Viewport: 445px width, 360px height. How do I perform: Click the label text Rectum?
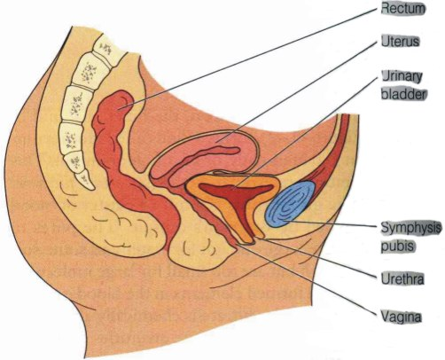point(403,9)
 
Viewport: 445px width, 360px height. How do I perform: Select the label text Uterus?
point(400,42)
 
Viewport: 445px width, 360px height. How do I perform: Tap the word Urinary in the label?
point(402,77)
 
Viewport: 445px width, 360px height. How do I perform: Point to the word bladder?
point(404,95)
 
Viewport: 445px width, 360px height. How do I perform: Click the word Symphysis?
point(411,228)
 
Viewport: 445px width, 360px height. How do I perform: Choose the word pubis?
point(398,246)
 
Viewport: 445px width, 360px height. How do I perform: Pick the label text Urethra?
point(402,278)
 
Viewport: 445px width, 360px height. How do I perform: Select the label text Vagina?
point(401,317)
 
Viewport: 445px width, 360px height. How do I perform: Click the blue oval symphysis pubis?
point(291,204)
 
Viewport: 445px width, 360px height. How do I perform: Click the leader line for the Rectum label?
point(248,59)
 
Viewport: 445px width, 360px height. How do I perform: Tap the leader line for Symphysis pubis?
point(331,224)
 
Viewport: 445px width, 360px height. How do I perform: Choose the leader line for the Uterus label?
point(297,92)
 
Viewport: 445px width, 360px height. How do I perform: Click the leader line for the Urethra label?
point(319,258)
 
